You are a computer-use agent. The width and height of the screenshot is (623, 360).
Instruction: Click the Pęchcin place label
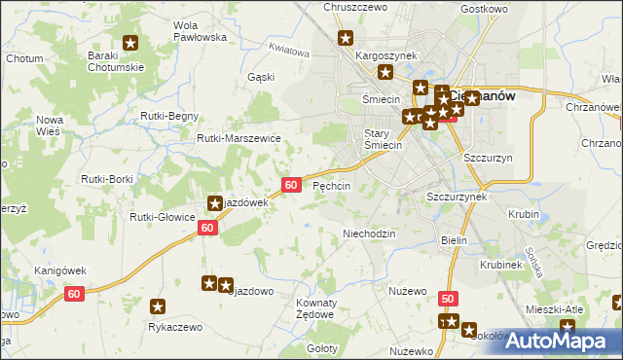pyautogui.click(x=331, y=185)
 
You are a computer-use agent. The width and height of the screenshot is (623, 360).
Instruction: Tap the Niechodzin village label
pyautogui.click(x=369, y=234)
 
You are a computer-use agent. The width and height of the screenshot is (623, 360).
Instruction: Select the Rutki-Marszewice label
pyautogui.click(x=238, y=138)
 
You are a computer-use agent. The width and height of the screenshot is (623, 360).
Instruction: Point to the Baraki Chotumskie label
pyautogui.click(x=116, y=61)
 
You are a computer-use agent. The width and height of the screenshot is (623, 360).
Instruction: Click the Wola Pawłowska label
pyautogui.click(x=199, y=30)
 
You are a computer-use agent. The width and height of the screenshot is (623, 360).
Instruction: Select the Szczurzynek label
pyautogui.click(x=456, y=196)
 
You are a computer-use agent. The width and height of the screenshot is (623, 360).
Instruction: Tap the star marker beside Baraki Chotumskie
pyautogui.click(x=130, y=43)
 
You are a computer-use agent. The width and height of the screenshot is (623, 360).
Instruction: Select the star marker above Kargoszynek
pyautogui.click(x=346, y=39)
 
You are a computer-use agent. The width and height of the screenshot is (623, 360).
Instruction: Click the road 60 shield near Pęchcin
pyautogui.click(x=291, y=184)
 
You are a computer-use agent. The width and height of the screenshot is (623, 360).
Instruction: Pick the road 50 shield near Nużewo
pyautogui.click(x=447, y=299)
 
